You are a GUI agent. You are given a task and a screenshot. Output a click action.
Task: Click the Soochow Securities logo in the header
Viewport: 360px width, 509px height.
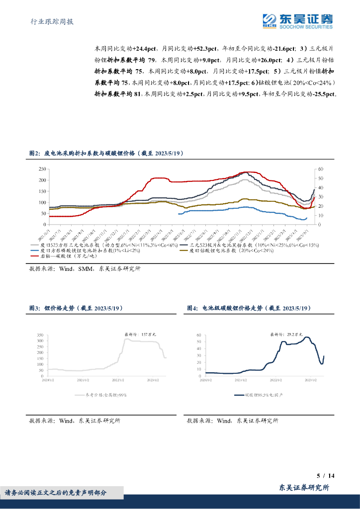point(298,20)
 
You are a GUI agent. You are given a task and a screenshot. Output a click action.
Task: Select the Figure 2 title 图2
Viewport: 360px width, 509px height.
point(35,155)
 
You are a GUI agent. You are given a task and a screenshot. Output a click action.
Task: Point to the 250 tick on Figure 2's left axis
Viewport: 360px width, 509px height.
point(41,169)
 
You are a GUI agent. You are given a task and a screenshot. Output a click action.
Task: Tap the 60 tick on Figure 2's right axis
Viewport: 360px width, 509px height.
point(321,169)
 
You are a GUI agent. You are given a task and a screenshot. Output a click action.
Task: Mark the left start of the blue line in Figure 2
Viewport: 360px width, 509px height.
point(179,214)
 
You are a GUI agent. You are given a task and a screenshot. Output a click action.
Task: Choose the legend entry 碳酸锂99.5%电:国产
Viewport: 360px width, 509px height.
point(266,395)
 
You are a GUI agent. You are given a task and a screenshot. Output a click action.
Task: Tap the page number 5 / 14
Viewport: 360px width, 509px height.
point(326,476)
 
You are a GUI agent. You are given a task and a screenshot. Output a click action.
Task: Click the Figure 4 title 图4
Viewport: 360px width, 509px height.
point(192,309)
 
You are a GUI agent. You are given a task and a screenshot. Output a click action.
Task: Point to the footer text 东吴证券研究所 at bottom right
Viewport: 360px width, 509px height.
point(304,488)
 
